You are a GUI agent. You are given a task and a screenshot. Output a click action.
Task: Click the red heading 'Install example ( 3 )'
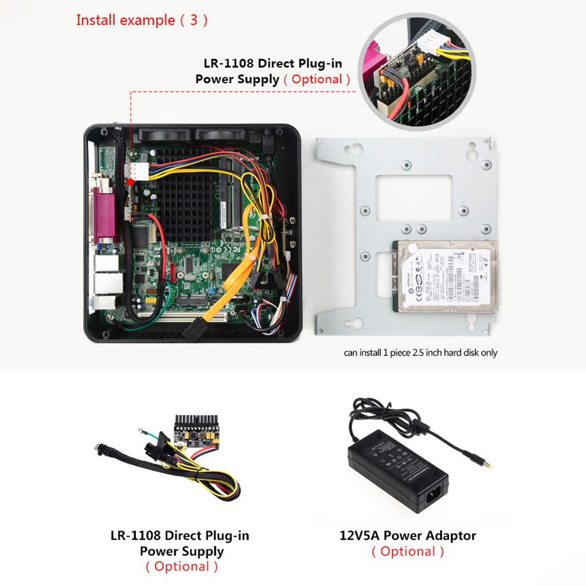[x=142, y=20]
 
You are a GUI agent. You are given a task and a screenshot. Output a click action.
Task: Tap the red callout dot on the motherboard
[x=131, y=181]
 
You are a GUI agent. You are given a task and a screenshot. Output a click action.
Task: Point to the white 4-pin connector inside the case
[x=136, y=171]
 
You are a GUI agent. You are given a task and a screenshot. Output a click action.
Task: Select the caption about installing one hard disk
[x=420, y=352]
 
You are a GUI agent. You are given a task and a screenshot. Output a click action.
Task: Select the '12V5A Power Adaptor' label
[x=407, y=535]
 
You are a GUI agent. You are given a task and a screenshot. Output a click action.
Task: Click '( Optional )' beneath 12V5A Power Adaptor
[x=407, y=551]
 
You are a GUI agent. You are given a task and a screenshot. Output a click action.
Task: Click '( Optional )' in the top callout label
[x=317, y=79]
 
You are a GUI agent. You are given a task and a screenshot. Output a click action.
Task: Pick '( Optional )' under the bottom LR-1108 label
[x=181, y=566]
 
